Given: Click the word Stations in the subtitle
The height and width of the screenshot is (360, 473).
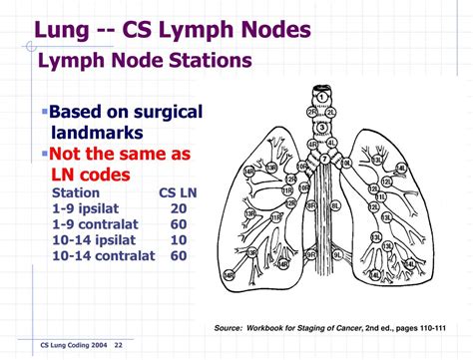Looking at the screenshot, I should [199, 61].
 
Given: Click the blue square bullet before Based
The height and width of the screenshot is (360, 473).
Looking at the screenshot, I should [45, 110].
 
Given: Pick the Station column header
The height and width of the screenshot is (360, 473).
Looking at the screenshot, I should [75, 192].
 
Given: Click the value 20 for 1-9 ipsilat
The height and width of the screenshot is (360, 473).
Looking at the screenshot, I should [179, 208].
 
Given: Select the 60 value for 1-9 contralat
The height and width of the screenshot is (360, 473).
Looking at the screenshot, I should [179, 224].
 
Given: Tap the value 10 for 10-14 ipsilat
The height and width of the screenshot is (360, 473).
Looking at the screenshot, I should [179, 240].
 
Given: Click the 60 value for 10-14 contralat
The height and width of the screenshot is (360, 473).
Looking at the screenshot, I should [179, 256].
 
